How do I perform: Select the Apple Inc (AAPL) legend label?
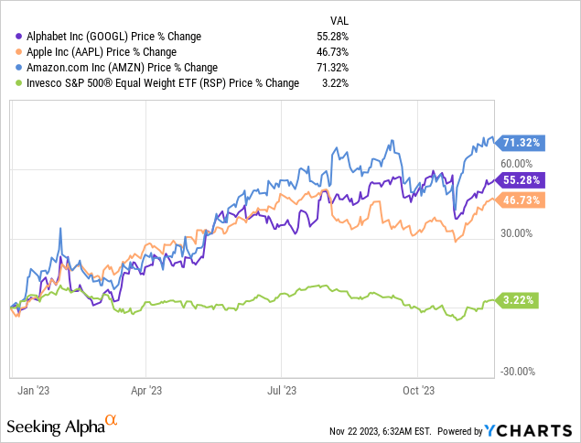(x=98, y=51)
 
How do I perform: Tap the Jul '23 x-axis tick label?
(x=282, y=389)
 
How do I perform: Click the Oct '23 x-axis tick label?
(x=417, y=389)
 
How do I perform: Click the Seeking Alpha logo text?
(x=55, y=426)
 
